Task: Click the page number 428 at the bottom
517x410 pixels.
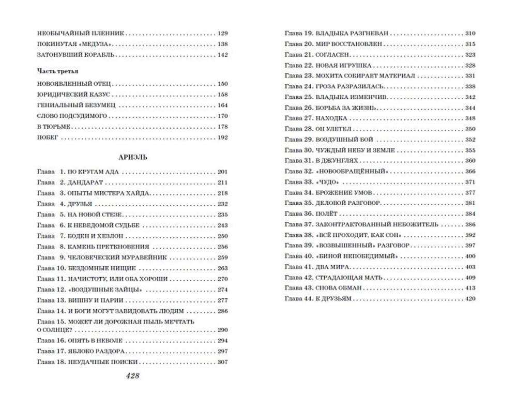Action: [x=132, y=376]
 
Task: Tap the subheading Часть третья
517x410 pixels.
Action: [x=57, y=71]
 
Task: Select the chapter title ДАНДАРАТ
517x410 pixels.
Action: [x=86, y=183]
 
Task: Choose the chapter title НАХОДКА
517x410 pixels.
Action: [x=331, y=118]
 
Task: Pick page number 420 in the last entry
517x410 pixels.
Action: [x=470, y=299]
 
